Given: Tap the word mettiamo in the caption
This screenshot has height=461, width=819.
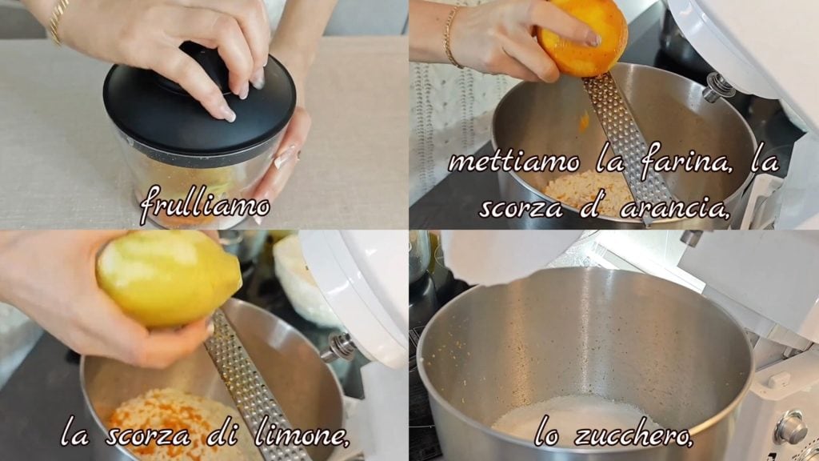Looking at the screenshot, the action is point(513,162).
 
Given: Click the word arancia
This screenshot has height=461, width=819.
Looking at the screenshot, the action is point(673,208).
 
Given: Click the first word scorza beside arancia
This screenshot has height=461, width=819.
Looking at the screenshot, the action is point(521,208).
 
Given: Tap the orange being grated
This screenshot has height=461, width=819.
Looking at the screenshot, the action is point(582,37).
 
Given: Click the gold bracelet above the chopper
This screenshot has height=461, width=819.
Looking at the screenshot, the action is point(58,21).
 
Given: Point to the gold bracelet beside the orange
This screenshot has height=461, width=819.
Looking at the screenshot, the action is point(451,37).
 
